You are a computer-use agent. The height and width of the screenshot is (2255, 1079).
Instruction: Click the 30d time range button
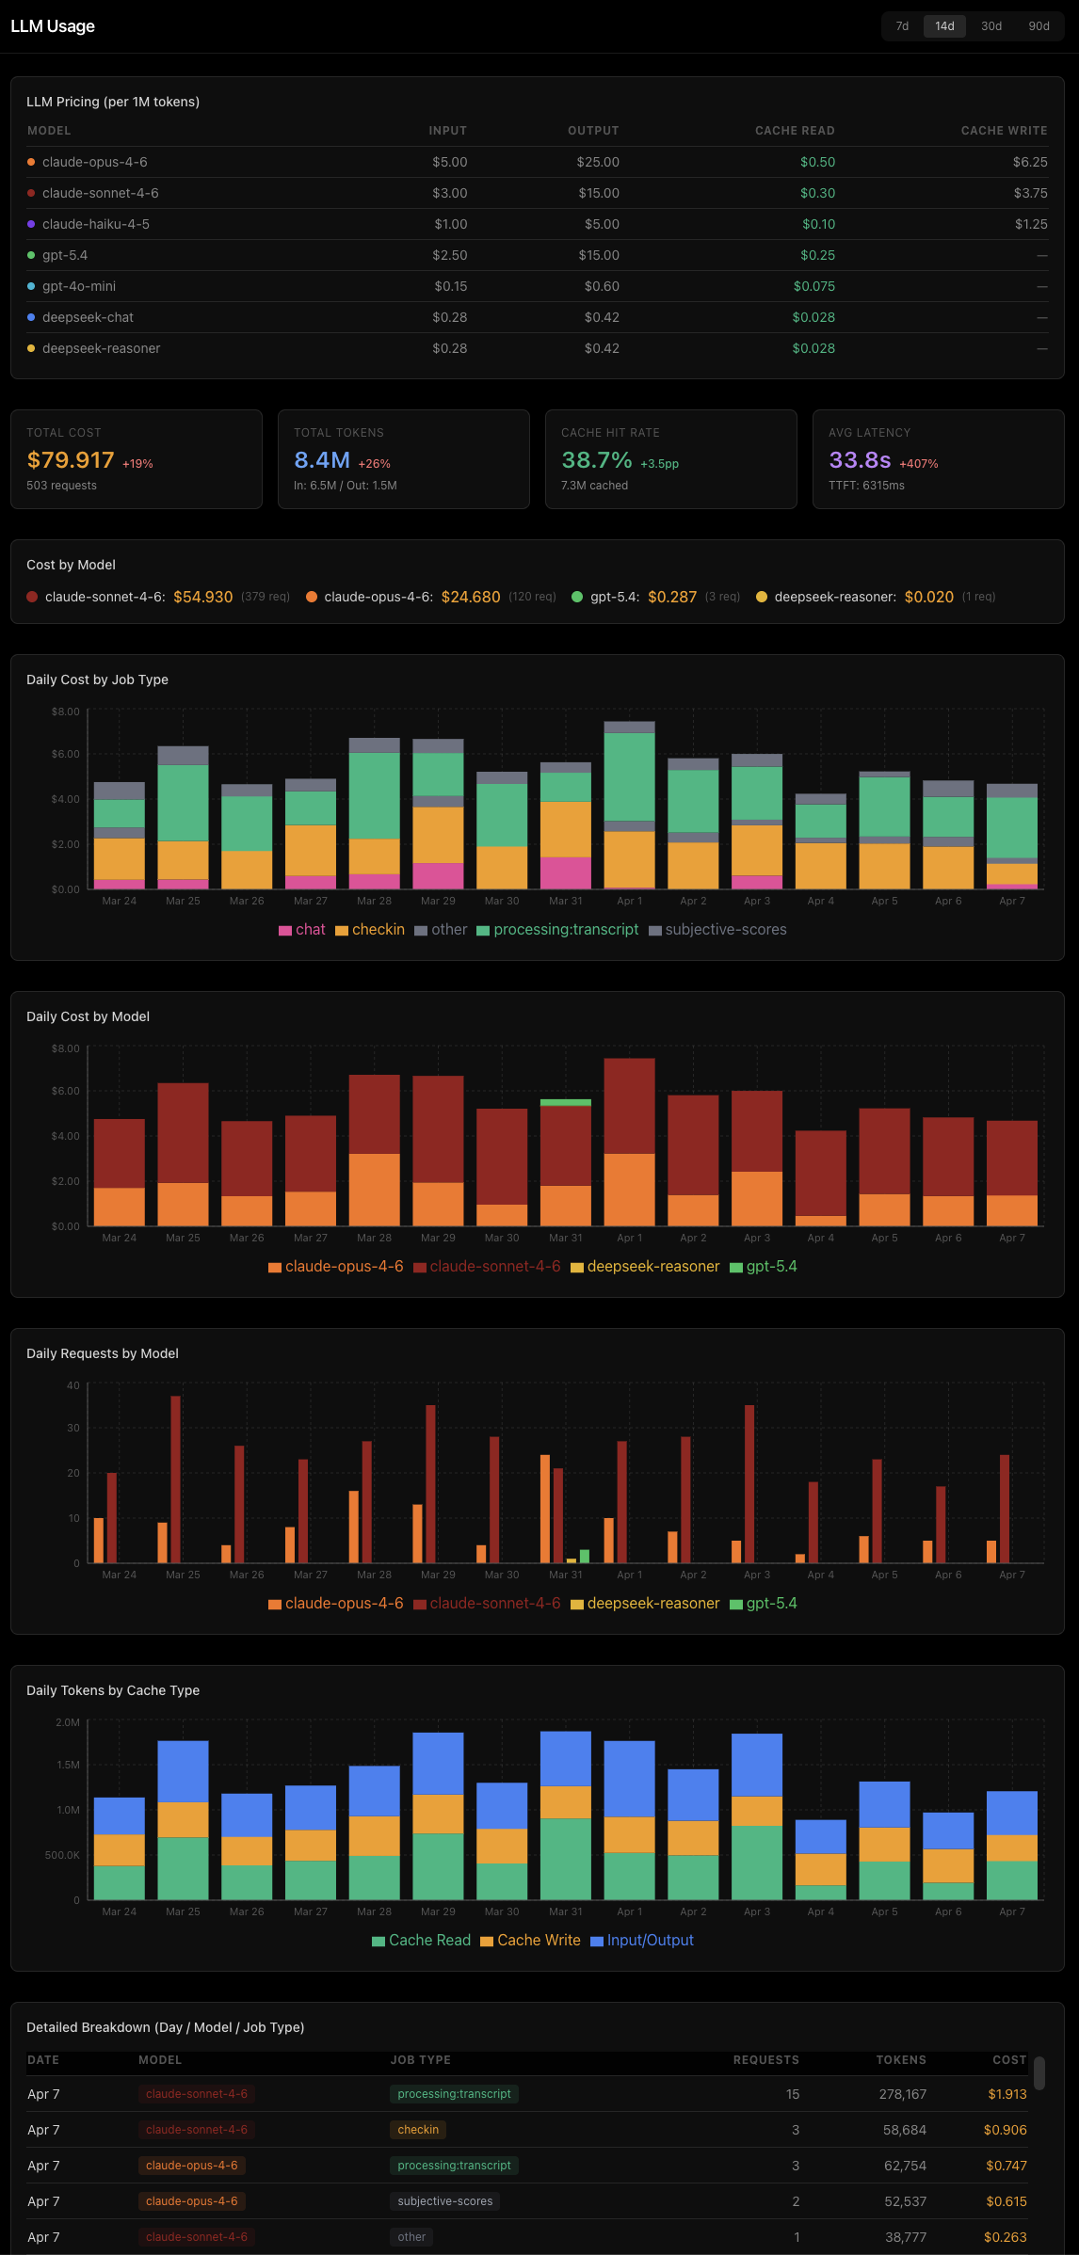[990, 26]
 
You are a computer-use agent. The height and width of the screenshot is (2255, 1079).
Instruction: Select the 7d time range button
[902, 26]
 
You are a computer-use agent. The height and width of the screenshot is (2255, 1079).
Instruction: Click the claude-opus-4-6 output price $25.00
[598, 162]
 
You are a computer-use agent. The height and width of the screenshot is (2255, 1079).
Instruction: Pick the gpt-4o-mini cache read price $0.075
[813, 286]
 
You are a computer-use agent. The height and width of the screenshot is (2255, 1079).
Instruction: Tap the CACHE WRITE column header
[1004, 131]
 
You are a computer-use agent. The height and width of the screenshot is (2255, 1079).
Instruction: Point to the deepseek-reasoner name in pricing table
[101, 348]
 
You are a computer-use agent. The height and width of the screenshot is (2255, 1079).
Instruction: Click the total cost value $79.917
[71, 460]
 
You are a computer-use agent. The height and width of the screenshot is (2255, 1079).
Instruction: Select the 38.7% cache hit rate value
[597, 460]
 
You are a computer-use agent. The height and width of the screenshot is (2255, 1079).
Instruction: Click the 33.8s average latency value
[860, 460]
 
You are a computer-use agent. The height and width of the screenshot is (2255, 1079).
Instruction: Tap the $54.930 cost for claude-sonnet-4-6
[203, 597]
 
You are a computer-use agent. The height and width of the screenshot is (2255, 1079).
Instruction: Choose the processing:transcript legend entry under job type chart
[565, 930]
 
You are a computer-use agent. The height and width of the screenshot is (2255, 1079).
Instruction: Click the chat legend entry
[310, 930]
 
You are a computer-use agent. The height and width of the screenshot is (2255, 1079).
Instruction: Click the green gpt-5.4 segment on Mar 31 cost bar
[566, 1102]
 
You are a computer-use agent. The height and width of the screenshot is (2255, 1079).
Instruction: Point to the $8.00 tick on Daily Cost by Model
[66, 1048]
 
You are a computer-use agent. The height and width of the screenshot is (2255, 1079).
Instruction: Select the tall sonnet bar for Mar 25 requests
[176, 1478]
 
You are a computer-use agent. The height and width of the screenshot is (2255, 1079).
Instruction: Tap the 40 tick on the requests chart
[73, 1385]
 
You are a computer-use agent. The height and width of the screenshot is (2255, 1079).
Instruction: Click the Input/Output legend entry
[650, 1941]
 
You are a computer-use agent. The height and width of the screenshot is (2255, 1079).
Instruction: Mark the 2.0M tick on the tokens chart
[68, 1722]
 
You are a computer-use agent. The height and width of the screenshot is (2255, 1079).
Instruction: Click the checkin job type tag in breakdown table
[418, 2130]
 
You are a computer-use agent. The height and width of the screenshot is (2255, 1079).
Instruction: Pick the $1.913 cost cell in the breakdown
[1007, 2094]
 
